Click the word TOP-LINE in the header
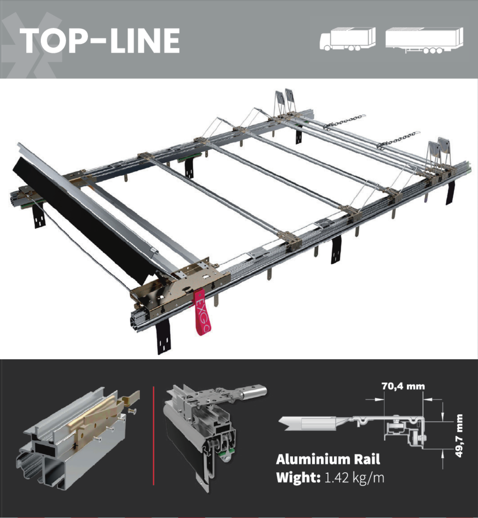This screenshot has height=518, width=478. coord(100,40)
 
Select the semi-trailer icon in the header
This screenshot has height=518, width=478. coord(424,40)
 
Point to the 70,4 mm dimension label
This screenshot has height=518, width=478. coord(403,386)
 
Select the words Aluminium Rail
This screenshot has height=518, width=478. coord(328,459)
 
